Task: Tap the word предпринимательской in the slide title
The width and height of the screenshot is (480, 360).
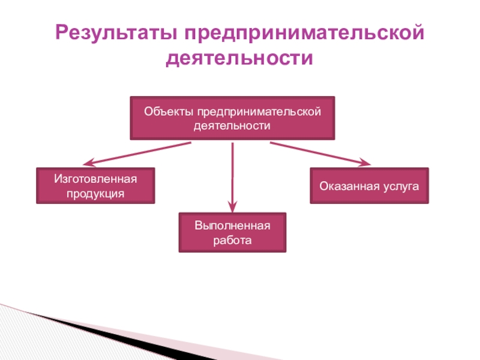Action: (302, 33)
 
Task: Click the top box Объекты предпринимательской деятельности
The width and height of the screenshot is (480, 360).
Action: (232, 118)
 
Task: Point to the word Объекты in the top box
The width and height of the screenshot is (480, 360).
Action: (163, 112)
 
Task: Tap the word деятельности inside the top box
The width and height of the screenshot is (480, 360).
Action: (232, 126)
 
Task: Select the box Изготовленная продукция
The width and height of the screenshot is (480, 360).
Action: (96, 186)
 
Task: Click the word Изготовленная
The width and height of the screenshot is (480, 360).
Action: (96, 179)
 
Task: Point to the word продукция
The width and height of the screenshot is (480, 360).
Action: (96, 193)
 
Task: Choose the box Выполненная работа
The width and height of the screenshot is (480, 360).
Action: (232, 233)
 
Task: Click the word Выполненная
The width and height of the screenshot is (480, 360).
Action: (232, 226)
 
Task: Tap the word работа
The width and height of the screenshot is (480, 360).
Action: (232, 240)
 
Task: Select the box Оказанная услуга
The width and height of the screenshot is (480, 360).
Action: (369, 186)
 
